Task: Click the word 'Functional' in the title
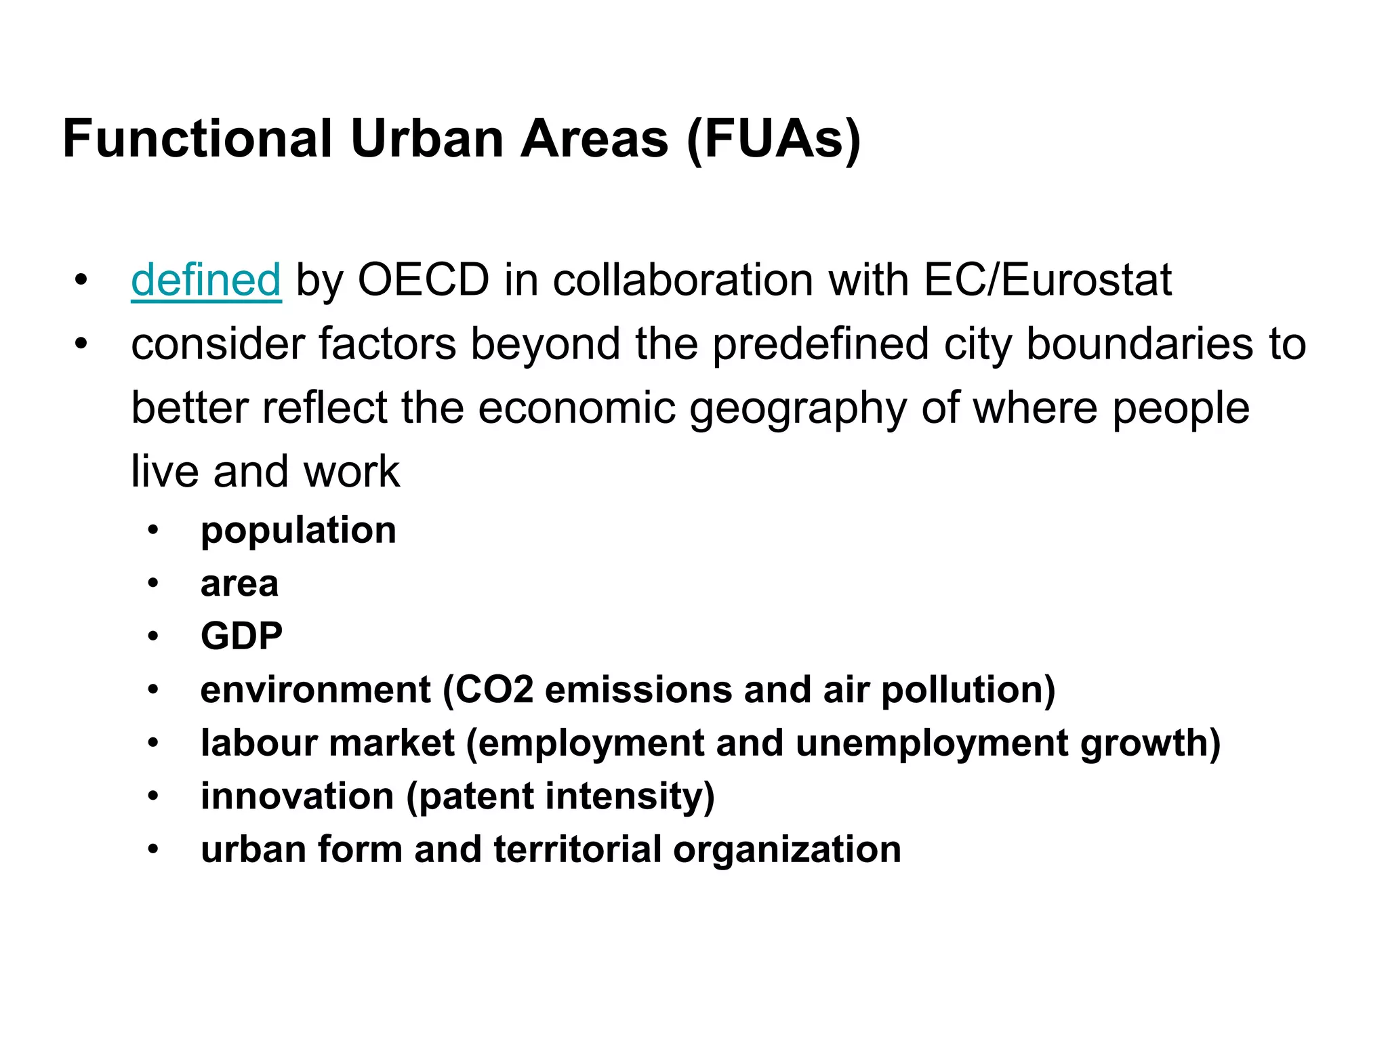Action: pyautogui.click(x=197, y=139)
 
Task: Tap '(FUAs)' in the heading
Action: pyautogui.click(x=773, y=139)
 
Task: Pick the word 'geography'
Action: pyautogui.click(x=798, y=408)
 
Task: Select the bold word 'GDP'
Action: pyautogui.click(x=241, y=636)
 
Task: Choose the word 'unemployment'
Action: pyautogui.click(x=932, y=743)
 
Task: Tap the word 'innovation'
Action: pyautogui.click(x=297, y=796)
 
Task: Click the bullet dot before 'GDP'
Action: pyautogui.click(x=154, y=636)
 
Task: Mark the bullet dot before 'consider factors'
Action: pyautogui.click(x=81, y=344)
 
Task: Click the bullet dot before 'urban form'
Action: pyautogui.click(x=154, y=849)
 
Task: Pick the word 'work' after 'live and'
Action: pyautogui.click(x=351, y=472)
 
